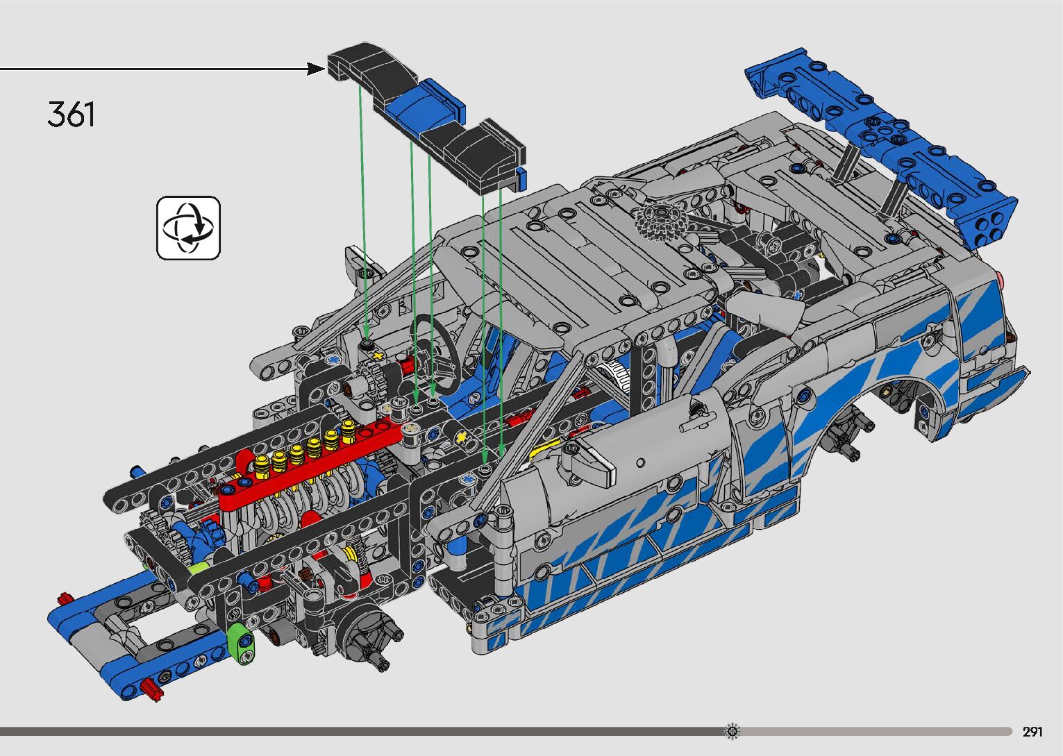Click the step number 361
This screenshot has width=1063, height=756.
pos(72,115)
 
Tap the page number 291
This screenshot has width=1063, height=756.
pos(1032,732)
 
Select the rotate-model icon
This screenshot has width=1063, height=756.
pos(188,228)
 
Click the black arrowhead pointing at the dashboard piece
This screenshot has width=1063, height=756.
pos(316,69)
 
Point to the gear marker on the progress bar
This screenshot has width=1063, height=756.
pos(733,731)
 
